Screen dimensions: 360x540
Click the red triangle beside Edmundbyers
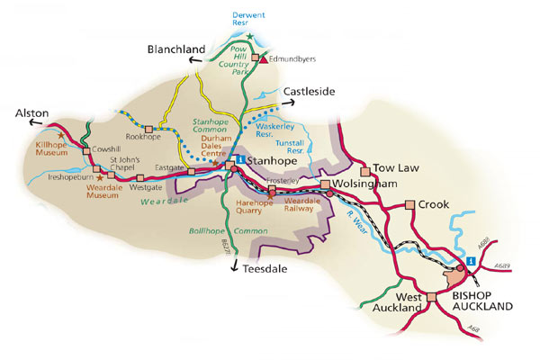tap(265, 59)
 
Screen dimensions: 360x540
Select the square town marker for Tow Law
tap(365, 170)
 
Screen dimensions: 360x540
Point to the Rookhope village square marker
tap(148, 130)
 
